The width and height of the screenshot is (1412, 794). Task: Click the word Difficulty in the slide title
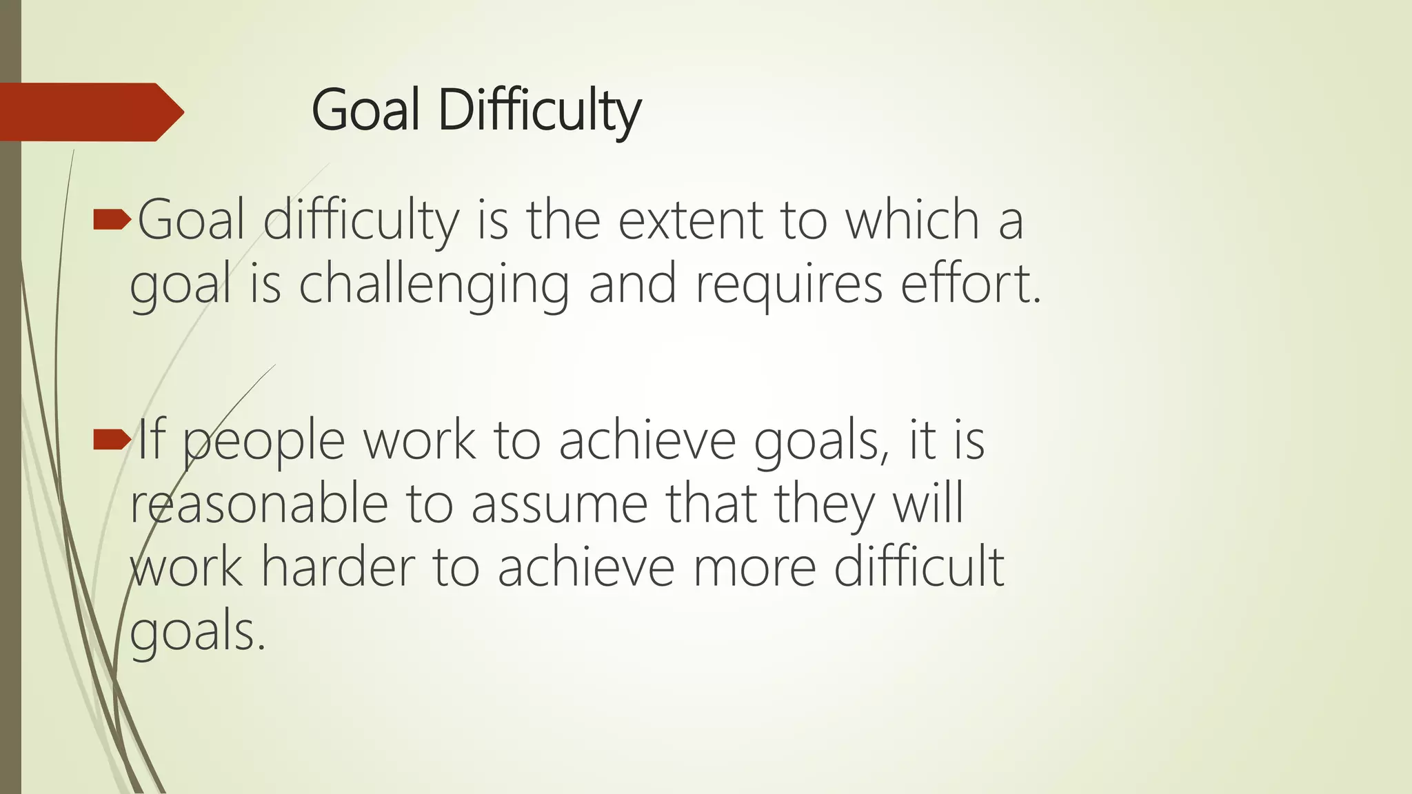539,111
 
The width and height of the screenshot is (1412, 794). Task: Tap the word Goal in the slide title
365,111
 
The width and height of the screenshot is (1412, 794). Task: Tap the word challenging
434,285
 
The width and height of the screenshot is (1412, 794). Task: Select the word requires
789,285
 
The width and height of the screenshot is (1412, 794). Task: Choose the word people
263,442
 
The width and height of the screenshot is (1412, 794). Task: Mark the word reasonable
259,504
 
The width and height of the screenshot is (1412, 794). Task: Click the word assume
559,504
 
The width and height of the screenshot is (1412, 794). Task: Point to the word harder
338,567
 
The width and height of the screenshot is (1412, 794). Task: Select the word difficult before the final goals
918,567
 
